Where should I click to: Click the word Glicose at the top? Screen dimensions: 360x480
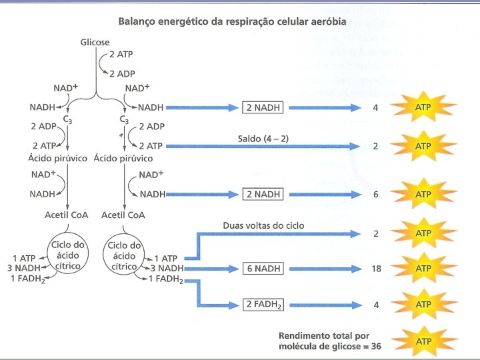coord(95,42)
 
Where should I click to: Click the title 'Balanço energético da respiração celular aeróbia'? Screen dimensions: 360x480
coord(232,21)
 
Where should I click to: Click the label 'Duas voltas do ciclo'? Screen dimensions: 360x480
coord(263,225)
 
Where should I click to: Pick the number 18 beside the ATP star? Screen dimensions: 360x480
coord(375,269)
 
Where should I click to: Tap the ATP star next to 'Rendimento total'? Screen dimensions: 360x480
coord(423,341)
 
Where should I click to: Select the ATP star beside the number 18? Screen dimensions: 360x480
coord(423,269)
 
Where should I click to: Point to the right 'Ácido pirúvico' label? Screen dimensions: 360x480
coord(123,158)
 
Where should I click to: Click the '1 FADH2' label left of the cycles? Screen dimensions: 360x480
coord(28,278)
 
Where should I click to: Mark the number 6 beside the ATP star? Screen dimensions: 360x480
coord(377,194)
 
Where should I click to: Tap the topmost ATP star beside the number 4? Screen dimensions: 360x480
coord(423,107)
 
